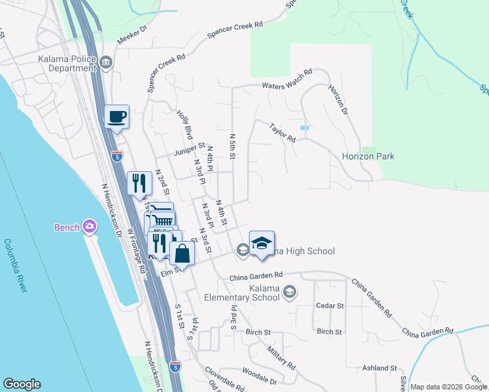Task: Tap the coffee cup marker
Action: (x=117, y=118)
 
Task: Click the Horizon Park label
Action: (x=368, y=157)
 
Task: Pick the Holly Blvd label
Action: (x=184, y=124)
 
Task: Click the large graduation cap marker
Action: (x=261, y=244)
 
